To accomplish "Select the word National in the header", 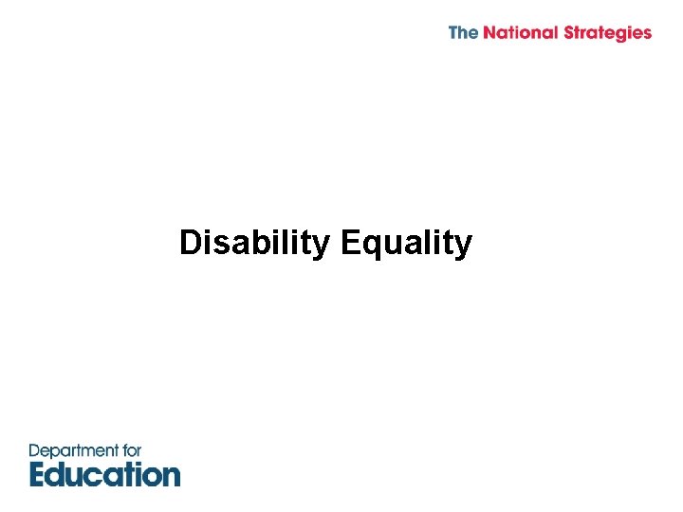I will point(521,32).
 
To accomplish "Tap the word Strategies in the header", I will point(607,33).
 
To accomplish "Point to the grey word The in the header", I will point(463,32).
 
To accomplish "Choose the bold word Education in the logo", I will point(104,473).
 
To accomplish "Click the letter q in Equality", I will point(371,247).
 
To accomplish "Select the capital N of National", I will point(489,32).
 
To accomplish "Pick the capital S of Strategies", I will point(570,32).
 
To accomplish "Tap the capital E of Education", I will point(39,473).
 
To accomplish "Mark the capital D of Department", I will point(35,451).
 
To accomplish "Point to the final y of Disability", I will point(320,247).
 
